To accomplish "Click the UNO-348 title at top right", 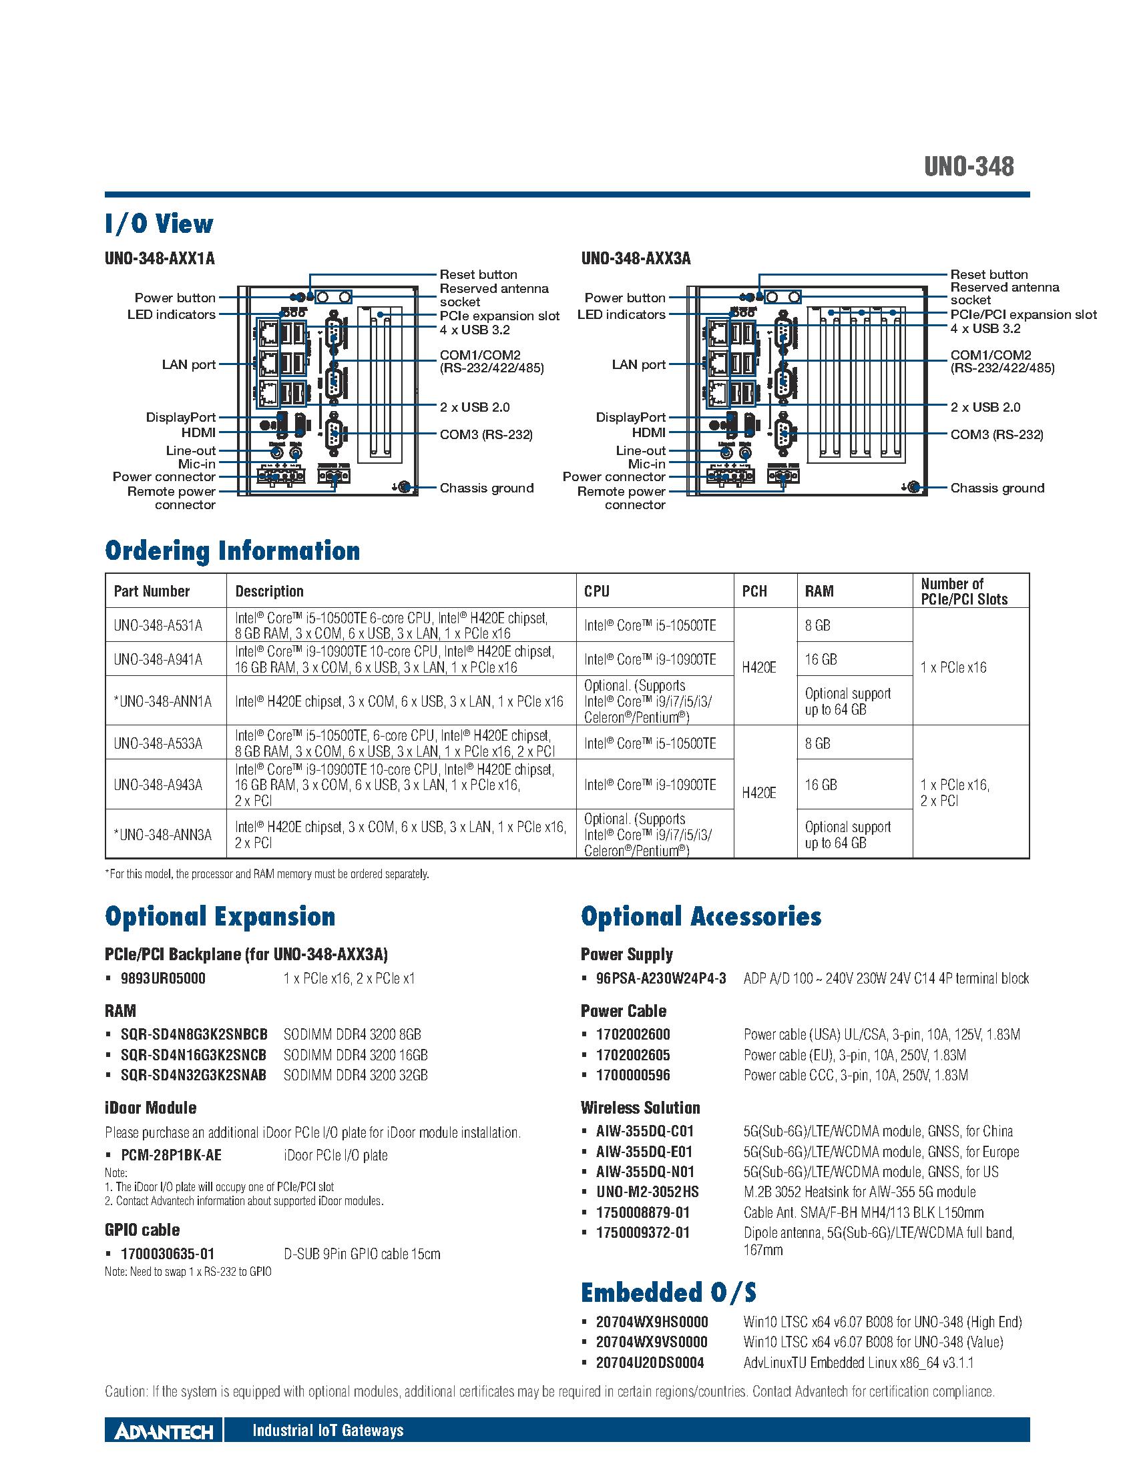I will (968, 166).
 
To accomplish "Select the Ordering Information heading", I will (232, 550).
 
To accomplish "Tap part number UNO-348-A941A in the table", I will (158, 659).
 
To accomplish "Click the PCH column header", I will (754, 591).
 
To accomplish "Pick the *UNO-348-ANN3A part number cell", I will (163, 834).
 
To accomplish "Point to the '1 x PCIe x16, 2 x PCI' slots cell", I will (955, 793).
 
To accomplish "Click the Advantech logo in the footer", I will (164, 1429).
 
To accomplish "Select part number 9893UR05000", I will (164, 978).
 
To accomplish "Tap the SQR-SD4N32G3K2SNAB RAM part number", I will (194, 1075).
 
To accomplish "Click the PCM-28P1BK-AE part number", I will (172, 1156).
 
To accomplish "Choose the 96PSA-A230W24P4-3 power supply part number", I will (661, 978).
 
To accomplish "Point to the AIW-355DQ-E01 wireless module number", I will (645, 1152).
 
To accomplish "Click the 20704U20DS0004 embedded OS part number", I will (650, 1363).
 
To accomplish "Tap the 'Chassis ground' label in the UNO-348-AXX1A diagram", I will (486, 488).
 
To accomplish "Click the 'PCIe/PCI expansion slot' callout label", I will (1024, 314).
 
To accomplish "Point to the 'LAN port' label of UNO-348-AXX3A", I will (639, 364).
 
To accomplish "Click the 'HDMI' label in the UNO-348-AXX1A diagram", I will (198, 433).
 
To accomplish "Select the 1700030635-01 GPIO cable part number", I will (168, 1254).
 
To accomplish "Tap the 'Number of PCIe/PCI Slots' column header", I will (964, 591).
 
